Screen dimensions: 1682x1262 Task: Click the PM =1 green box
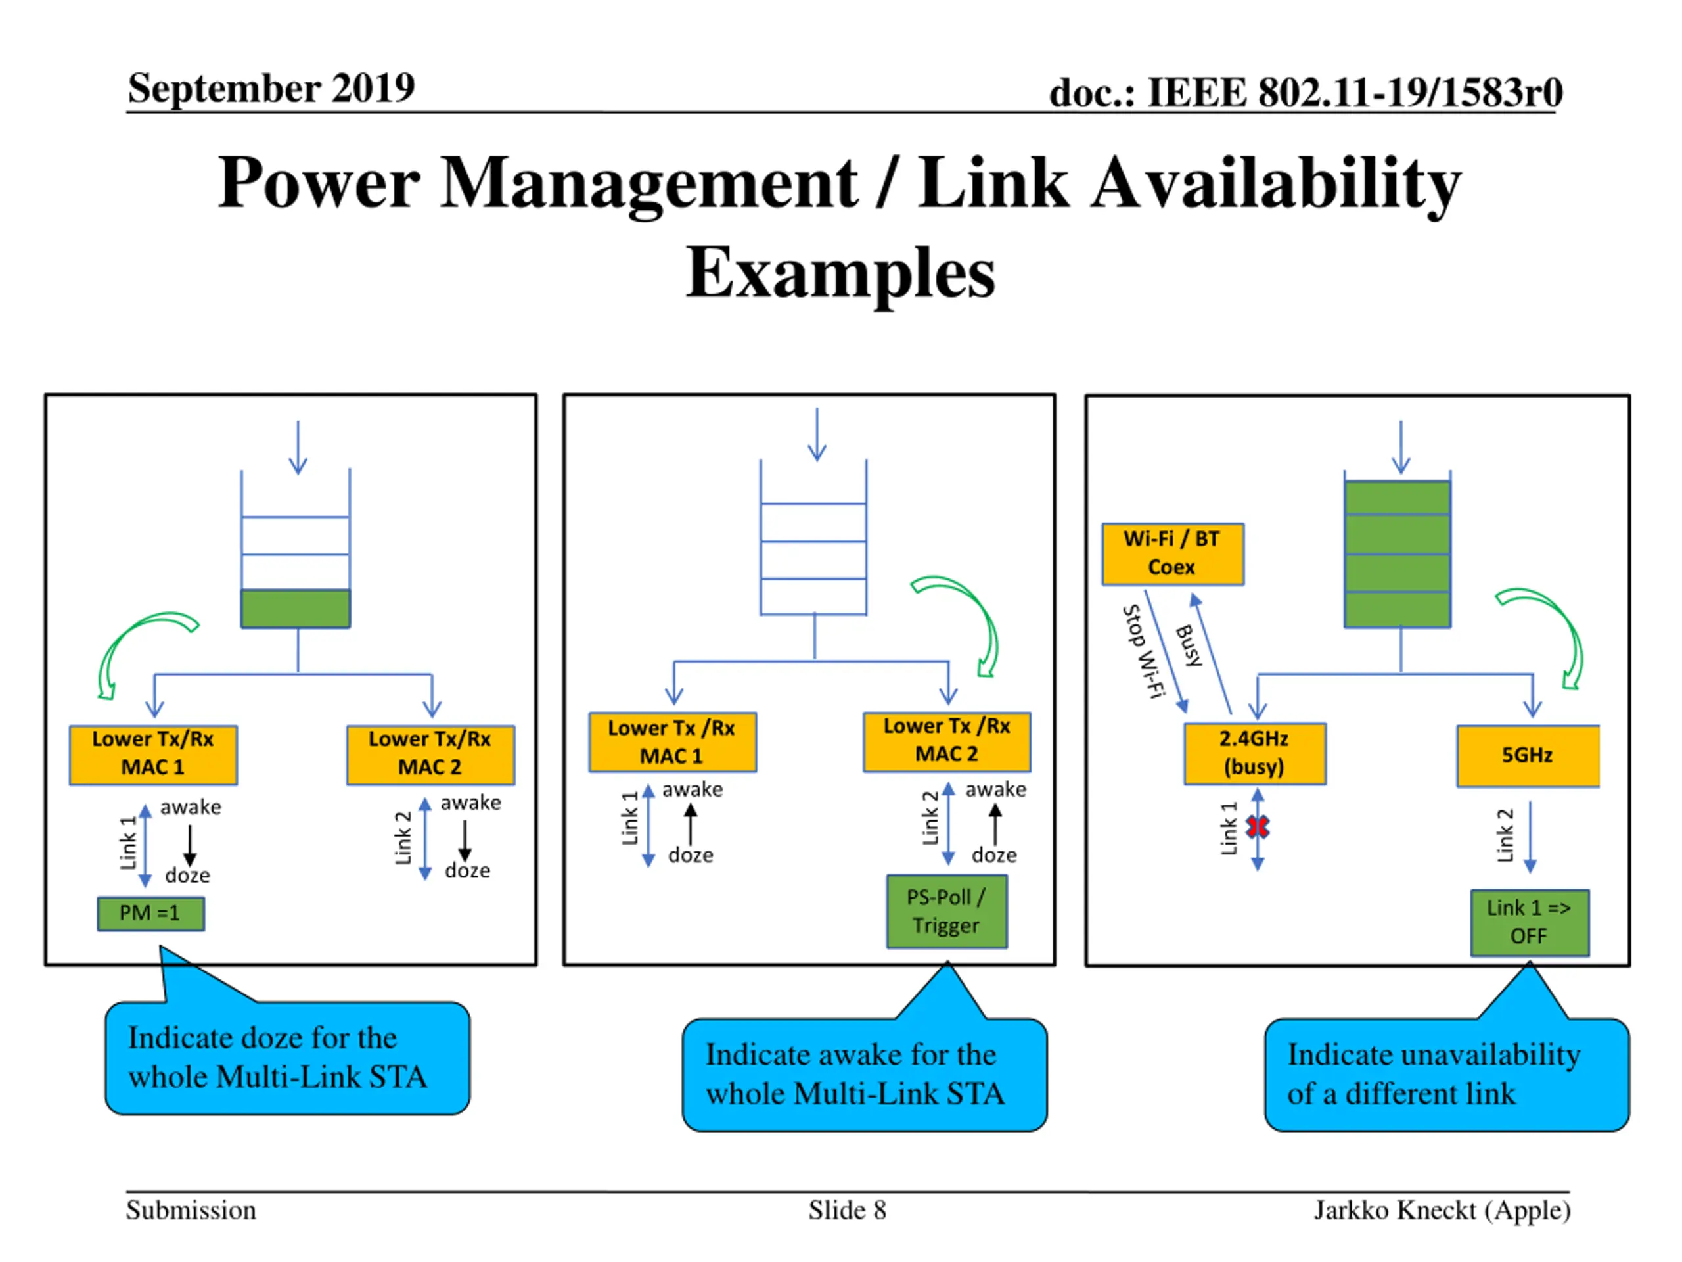click(x=150, y=913)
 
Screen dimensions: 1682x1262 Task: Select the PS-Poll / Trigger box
click(x=947, y=911)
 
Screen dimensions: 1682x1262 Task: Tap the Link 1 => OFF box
click(x=1529, y=922)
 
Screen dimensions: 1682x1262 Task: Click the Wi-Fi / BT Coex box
click(x=1173, y=554)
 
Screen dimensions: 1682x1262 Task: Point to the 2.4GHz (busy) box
click(x=1255, y=753)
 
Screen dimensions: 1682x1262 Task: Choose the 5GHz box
click(x=1528, y=755)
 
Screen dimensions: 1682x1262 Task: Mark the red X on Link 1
click(x=1258, y=827)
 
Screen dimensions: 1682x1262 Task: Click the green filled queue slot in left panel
click(x=296, y=609)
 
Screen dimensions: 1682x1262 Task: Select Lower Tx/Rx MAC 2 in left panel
click(x=430, y=755)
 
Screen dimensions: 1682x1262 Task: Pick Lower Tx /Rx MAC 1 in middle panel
click(x=672, y=743)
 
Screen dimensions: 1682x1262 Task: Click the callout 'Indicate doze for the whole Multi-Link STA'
click(x=287, y=1058)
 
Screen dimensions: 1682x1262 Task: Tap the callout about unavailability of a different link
click(x=1446, y=1074)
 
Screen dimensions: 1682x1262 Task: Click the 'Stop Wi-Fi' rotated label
click(x=1144, y=651)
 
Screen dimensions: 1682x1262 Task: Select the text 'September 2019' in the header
click(x=271, y=87)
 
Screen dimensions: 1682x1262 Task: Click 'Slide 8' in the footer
click(x=847, y=1209)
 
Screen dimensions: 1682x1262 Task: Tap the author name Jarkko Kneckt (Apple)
click(x=1442, y=1210)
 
